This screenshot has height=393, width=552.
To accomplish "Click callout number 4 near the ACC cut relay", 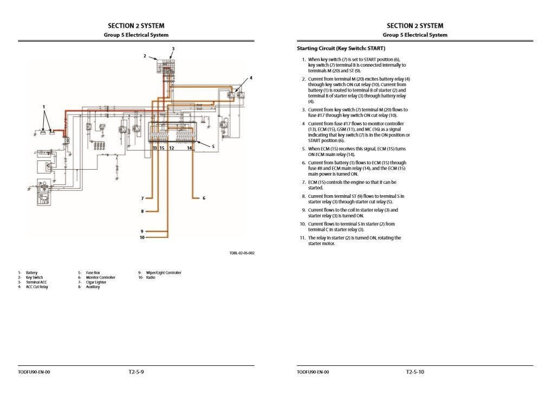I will [251, 78].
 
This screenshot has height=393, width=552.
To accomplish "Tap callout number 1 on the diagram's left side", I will [44, 107].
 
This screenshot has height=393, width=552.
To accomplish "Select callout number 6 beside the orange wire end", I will [204, 198].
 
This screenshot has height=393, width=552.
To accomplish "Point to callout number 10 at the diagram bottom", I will [142, 237].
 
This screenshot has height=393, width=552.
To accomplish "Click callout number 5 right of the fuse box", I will [213, 146].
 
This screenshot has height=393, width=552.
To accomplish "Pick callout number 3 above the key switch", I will [173, 49].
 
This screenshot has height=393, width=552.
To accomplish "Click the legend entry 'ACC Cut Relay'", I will [37, 287].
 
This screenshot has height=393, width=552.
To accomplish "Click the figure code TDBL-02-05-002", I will [242, 253].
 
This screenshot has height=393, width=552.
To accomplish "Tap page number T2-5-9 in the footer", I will [136, 372].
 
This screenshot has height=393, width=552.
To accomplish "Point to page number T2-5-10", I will [415, 372].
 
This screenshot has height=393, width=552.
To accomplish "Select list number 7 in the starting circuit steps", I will [303, 183].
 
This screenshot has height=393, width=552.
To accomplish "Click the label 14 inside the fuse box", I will [190, 148].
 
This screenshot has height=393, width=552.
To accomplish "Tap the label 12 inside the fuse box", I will [171, 148].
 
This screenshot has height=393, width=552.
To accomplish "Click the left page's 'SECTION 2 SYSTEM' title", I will [136, 25].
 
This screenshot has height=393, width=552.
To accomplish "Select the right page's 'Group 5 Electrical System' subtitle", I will [415, 35].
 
